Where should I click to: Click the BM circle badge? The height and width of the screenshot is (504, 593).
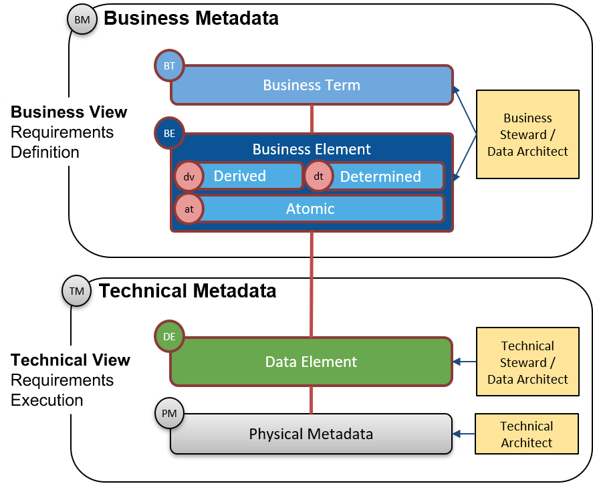[x=82, y=20]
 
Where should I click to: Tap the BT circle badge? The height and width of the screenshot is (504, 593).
[x=169, y=66]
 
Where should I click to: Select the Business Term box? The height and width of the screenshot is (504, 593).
[x=312, y=85]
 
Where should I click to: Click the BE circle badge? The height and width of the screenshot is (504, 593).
[x=169, y=133]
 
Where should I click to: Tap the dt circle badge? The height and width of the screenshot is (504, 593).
[x=318, y=177]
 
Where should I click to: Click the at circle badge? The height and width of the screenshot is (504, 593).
[x=189, y=209]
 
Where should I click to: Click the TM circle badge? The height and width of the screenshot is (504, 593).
[x=77, y=291]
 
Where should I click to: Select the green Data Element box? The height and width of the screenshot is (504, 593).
[x=312, y=362]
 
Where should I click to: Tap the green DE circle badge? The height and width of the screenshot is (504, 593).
[x=169, y=336]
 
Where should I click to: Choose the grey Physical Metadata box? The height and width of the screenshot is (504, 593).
[x=312, y=434]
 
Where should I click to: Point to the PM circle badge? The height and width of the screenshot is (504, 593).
[x=169, y=413]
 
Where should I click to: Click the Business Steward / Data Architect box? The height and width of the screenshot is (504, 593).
[x=527, y=134]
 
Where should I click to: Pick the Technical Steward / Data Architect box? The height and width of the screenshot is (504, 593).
[x=527, y=362]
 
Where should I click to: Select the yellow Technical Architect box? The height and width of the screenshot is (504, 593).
[x=527, y=434]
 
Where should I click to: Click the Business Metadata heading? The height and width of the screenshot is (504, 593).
[x=191, y=18]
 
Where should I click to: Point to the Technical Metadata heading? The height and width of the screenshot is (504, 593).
[x=188, y=291]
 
